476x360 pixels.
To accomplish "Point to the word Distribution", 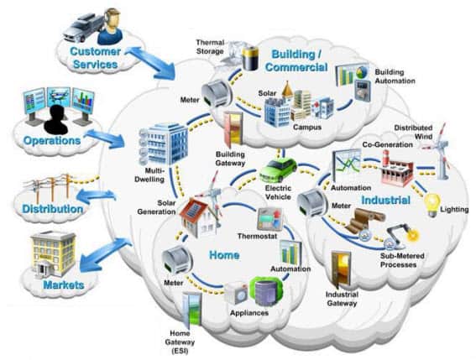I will point(51,207).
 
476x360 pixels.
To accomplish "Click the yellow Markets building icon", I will point(53,253).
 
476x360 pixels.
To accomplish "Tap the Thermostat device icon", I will point(267,220).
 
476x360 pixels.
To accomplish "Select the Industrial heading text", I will point(385,201).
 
